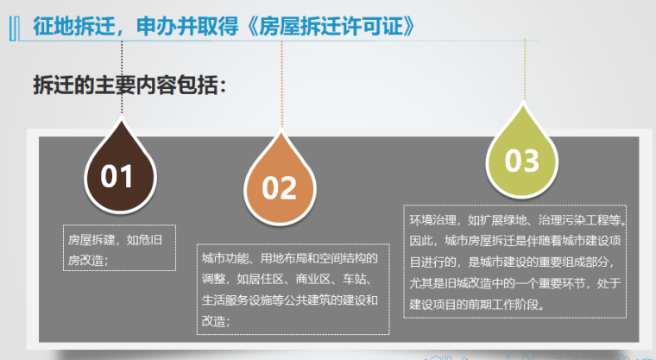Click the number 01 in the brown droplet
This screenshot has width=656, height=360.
(x=117, y=176)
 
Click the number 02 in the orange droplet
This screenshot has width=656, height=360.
(x=279, y=188)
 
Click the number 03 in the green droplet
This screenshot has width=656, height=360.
(x=521, y=161)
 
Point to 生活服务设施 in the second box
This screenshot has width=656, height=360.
(x=238, y=300)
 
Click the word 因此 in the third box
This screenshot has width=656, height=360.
(x=420, y=240)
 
